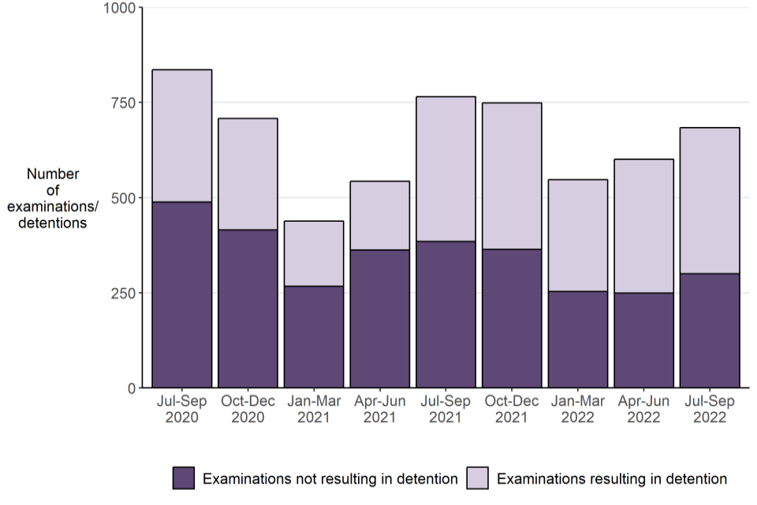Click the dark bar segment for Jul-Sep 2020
[x=182, y=294]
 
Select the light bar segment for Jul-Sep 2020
[x=182, y=136]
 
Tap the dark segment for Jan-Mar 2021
[x=314, y=337]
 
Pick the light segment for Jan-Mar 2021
[x=314, y=253]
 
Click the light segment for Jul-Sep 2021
[x=446, y=169]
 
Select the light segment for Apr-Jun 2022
[x=643, y=226]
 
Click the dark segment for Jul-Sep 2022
[x=710, y=331]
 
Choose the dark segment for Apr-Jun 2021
[x=380, y=319]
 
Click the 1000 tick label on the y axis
[x=119, y=8]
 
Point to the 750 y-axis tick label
[x=123, y=103]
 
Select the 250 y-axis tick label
[x=123, y=293]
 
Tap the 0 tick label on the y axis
[x=131, y=388]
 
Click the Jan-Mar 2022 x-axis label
[x=578, y=409]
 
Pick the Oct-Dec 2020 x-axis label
[x=248, y=409]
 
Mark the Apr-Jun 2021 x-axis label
[x=380, y=409]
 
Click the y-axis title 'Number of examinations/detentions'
[x=53, y=198]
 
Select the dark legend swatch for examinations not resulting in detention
[x=184, y=478]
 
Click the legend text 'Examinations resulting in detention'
[x=612, y=478]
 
